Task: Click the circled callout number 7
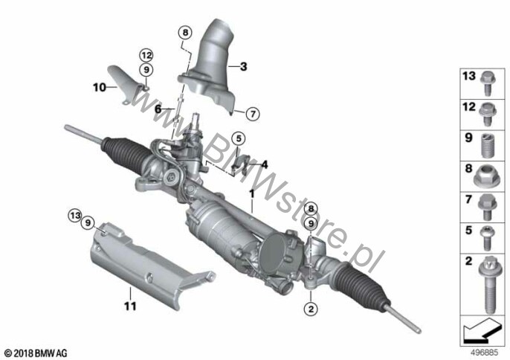[x=253, y=114]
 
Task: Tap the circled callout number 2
[x=311, y=309]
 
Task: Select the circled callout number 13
[x=75, y=215]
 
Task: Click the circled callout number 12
[x=146, y=55]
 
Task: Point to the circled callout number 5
[x=239, y=138]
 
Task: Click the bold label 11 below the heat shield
[x=130, y=306]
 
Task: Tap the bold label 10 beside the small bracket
[x=100, y=87]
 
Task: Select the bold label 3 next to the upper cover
[x=244, y=66]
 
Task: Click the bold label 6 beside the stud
[x=158, y=109]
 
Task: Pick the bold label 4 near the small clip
[x=265, y=164]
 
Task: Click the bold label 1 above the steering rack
[x=252, y=193]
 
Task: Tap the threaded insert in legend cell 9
[x=487, y=146]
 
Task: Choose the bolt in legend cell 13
[x=487, y=83]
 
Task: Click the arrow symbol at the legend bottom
[x=482, y=331]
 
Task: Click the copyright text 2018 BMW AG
[x=36, y=353]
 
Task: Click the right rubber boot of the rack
[x=361, y=286]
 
